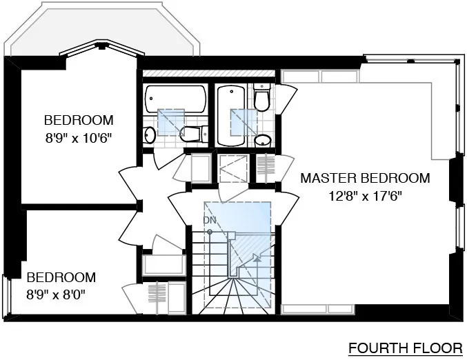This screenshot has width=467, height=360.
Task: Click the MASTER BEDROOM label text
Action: (365, 178)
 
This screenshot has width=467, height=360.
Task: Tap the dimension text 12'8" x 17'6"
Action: (365, 195)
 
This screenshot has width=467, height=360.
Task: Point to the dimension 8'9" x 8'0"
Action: (60, 295)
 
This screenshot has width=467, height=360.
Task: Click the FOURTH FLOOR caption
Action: (404, 346)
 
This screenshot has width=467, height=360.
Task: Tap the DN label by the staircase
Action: (210, 219)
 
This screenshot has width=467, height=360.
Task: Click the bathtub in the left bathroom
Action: (176, 101)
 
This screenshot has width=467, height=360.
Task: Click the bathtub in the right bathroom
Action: (230, 114)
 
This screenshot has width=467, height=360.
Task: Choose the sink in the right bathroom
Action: (262, 141)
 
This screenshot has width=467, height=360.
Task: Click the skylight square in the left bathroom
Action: (170, 121)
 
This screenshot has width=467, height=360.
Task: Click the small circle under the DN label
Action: (210, 231)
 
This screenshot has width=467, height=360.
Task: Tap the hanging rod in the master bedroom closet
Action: (266, 168)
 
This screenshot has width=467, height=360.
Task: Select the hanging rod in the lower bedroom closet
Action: (158, 297)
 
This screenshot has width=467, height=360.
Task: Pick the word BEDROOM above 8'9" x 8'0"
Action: (61, 277)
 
